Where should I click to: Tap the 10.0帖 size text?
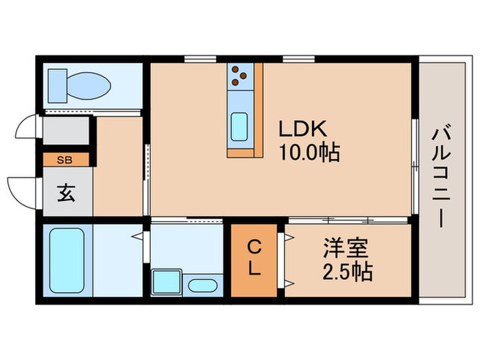pyautogui.click(x=309, y=152)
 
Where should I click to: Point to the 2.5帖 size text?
pyautogui.click(x=347, y=272)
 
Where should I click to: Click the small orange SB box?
pyautogui.click(x=66, y=160)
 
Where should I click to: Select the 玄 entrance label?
pyautogui.click(x=66, y=193)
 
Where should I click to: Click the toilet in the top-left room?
pyautogui.click(x=80, y=86)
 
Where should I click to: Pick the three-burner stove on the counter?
pyautogui.click(x=239, y=75)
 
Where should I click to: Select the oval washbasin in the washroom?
pyautogui.click(x=202, y=286)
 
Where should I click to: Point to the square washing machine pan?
pyautogui.click(x=165, y=282)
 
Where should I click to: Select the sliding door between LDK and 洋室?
pyautogui.click(x=346, y=220)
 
